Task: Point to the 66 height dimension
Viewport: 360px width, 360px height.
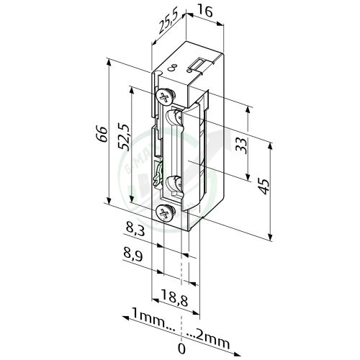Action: tap(102, 134)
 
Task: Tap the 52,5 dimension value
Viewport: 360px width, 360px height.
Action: tap(123, 135)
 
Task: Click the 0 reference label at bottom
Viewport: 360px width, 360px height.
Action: tap(180, 348)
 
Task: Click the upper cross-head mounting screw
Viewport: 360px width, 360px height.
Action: tap(166, 96)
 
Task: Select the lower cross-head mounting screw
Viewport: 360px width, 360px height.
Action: tap(164, 212)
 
